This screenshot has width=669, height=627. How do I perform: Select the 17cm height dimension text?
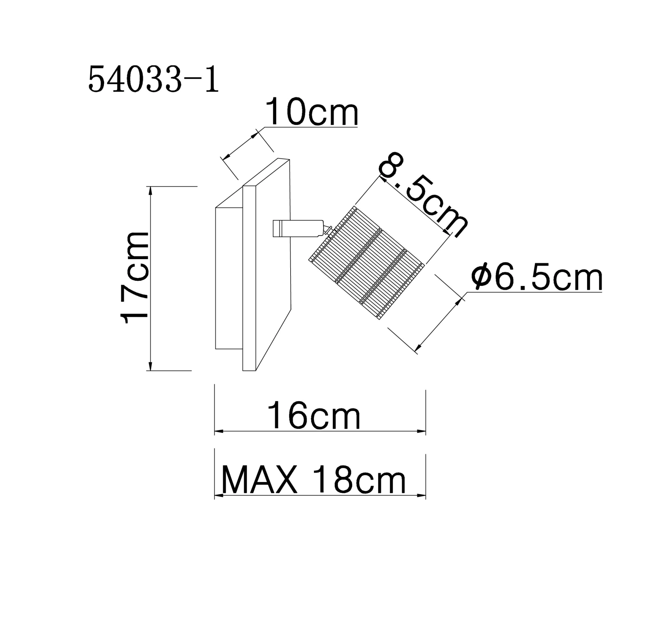(134, 278)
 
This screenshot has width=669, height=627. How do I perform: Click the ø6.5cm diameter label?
(537, 277)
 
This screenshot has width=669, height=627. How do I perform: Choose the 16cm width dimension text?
(314, 415)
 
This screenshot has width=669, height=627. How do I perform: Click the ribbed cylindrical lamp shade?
(367, 262)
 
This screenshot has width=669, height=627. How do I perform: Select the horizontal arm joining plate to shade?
(298, 229)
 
